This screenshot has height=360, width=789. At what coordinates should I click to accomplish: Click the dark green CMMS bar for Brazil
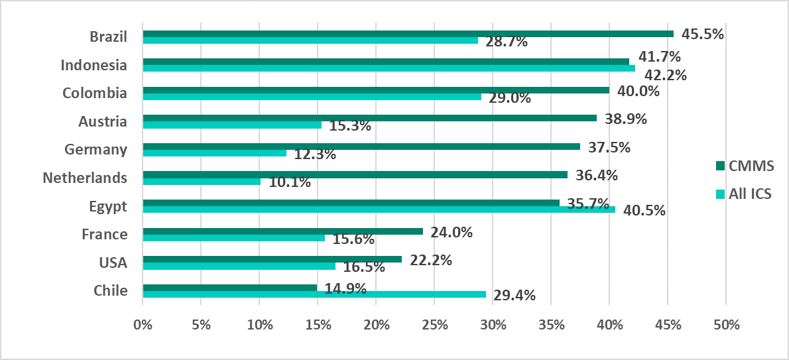point(408,34)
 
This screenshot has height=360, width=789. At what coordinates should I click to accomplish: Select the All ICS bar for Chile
point(314,294)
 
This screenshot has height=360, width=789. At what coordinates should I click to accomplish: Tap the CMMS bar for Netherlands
point(355,175)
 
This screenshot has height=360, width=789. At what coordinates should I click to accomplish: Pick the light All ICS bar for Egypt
point(379,210)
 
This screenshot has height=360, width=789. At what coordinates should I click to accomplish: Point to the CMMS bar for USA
point(272,259)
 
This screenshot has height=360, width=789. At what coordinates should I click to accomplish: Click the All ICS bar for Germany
point(214,153)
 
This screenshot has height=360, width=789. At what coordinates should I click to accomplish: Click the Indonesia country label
point(93,65)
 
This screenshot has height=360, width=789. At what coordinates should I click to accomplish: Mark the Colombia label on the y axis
point(95,93)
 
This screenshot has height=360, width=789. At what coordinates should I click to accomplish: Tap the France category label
point(104,234)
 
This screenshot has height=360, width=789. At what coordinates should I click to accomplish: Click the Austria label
point(103,121)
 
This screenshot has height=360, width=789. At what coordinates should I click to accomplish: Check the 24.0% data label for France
point(452,232)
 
